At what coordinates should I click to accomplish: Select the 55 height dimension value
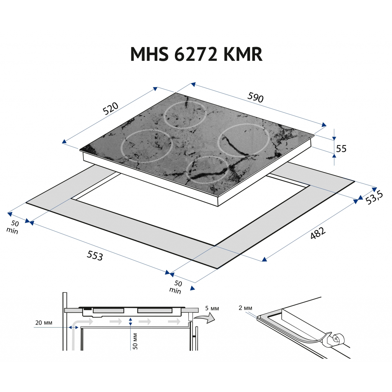click(341, 149)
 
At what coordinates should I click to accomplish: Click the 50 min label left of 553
click(14, 227)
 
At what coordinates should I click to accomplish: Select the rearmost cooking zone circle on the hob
click(185, 114)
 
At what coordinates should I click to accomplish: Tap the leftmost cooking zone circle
click(147, 146)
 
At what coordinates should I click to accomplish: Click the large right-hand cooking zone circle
click(243, 140)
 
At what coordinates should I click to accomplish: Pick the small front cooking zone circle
click(207, 170)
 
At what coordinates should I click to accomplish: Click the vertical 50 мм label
click(135, 341)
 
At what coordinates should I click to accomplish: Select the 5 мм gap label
click(211, 308)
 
